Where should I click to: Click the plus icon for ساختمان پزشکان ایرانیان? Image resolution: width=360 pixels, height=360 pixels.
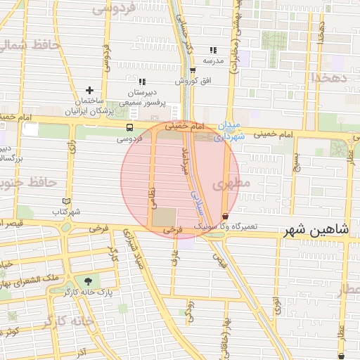tap(89, 91)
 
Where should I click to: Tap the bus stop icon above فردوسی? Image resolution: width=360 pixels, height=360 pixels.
tap(129, 128)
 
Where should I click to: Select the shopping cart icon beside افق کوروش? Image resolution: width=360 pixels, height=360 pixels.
tap(193, 70)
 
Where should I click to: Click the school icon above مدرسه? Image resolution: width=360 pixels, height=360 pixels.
tap(213, 50)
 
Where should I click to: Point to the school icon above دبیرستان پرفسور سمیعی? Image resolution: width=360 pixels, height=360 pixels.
tap(142, 82)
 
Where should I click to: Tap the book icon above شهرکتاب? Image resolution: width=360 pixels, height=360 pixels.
tap(67, 201)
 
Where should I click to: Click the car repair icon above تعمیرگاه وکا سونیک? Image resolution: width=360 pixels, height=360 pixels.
tap(224, 216)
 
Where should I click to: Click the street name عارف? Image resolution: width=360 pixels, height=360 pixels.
tap(175, 260)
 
